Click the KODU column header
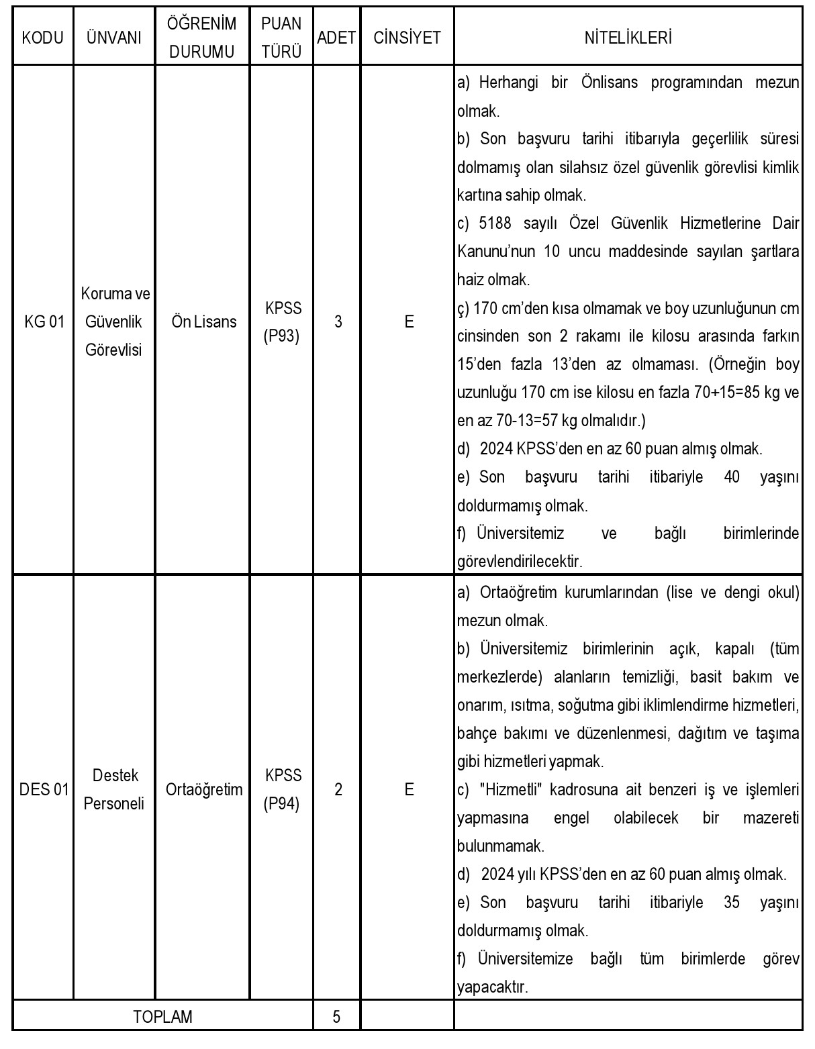pyautogui.click(x=43, y=38)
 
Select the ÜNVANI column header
pyautogui.click(x=114, y=38)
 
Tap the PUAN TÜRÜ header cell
pyautogui.click(x=281, y=38)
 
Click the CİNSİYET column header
pyautogui.click(x=407, y=38)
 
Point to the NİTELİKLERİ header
pyautogui.click(x=628, y=38)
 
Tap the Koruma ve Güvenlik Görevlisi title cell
pyautogui.click(x=115, y=321)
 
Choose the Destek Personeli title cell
pyautogui.click(x=114, y=789)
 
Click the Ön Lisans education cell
pyautogui.click(x=204, y=321)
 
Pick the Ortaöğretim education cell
pyautogui.click(x=204, y=789)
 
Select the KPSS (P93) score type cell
pyautogui.click(x=283, y=321)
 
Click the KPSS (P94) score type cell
pyautogui.click(x=283, y=789)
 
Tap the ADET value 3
pyautogui.click(x=338, y=321)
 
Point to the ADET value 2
pyautogui.click(x=338, y=789)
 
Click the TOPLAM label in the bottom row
pyautogui.click(x=163, y=1016)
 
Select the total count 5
pyautogui.click(x=336, y=1016)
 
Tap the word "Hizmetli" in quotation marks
pyautogui.click(x=511, y=790)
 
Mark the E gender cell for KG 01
pyautogui.click(x=408, y=321)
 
